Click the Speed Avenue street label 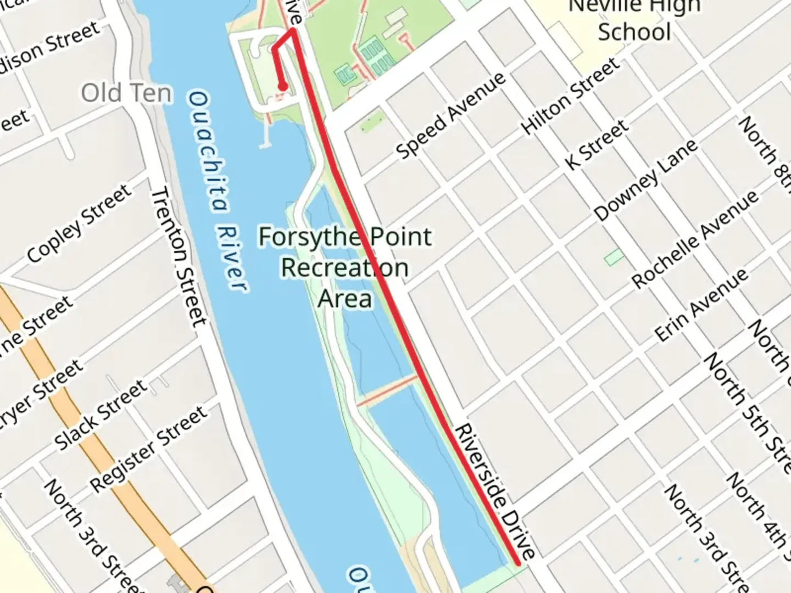[450, 115]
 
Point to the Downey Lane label [645, 180]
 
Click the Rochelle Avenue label [695, 239]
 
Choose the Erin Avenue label [700, 305]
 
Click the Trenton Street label [179, 257]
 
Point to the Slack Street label [101, 414]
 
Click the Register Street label [149, 449]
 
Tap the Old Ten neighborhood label [126, 93]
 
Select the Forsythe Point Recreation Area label [345, 268]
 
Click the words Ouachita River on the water [215, 190]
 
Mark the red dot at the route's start [282, 86]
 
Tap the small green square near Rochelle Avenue [614, 256]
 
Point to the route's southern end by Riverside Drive [517, 563]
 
